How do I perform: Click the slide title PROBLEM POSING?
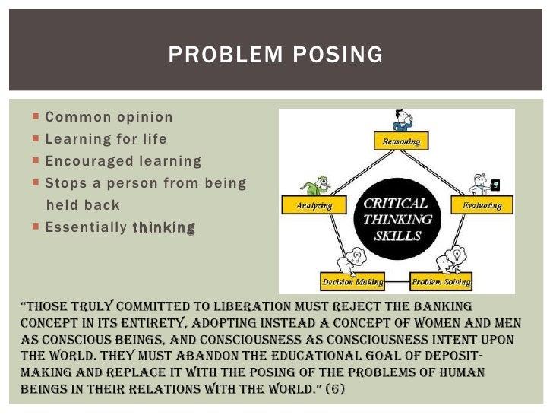click(276, 55)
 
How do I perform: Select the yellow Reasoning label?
click(401, 141)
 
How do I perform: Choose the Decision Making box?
click(349, 283)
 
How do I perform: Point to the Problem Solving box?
click(441, 283)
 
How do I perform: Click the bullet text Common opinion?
click(109, 118)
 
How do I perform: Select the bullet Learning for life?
click(106, 140)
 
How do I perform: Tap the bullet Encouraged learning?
click(123, 161)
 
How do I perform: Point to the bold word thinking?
click(163, 227)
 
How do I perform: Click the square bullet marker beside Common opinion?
click(36, 118)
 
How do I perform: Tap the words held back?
click(83, 205)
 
